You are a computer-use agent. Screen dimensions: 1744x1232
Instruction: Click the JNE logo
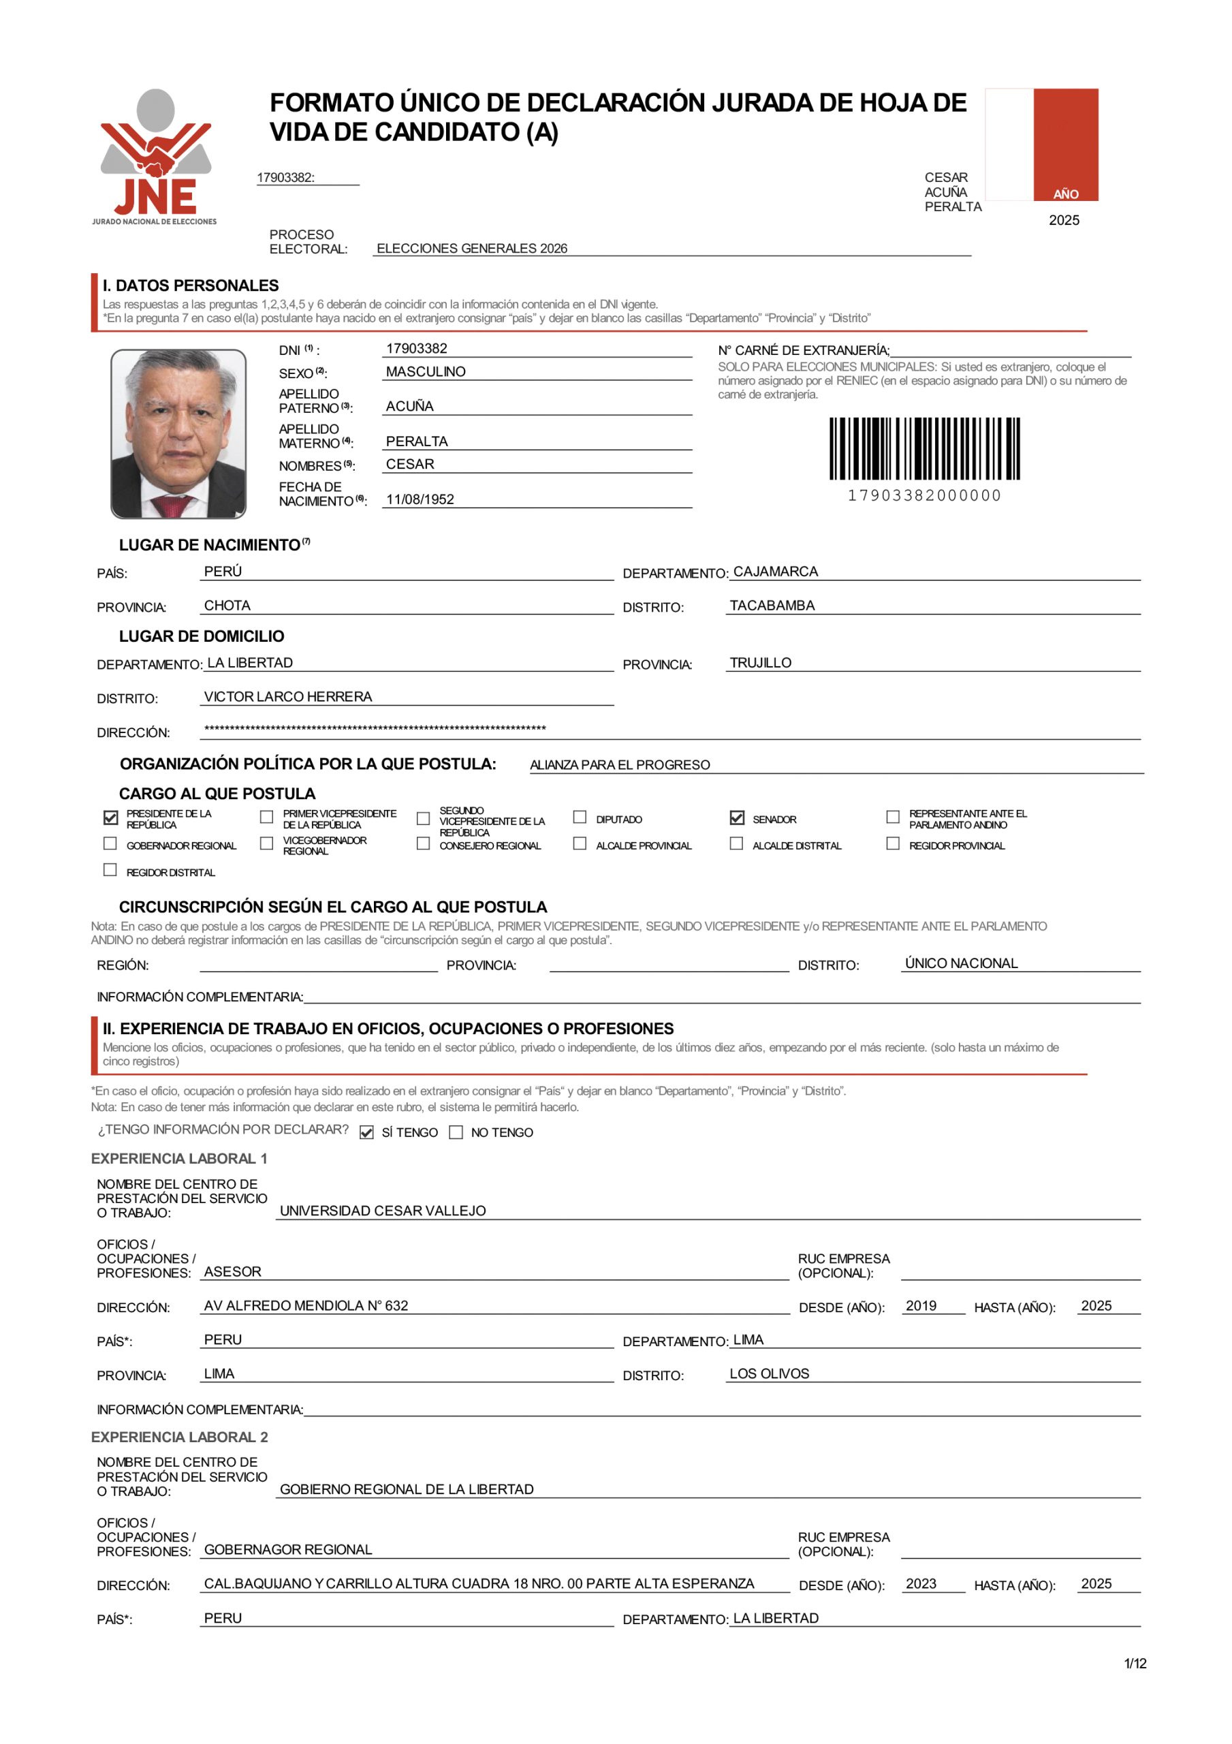tap(155, 157)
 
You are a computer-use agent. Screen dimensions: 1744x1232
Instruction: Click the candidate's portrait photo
tap(178, 434)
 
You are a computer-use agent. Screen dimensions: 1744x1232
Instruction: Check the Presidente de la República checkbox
tap(111, 817)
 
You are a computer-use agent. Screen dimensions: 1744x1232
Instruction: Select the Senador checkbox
tap(737, 817)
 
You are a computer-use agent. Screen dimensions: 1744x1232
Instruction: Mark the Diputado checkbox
tap(580, 817)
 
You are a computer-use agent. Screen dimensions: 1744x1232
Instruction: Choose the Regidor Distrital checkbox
tap(110, 871)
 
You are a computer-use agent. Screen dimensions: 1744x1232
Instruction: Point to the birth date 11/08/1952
tap(420, 499)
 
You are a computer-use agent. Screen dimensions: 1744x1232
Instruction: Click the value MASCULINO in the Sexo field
tap(426, 371)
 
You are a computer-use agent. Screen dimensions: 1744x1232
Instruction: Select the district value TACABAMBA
tap(772, 606)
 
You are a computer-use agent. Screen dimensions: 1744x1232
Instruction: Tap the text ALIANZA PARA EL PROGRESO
tap(620, 765)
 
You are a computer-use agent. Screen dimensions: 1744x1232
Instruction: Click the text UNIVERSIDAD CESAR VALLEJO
tap(383, 1211)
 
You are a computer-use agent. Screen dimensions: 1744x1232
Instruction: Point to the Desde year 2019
tap(921, 1306)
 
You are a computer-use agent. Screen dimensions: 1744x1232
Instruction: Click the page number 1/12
tap(1135, 1664)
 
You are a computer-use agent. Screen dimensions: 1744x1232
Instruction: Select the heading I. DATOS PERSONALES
tap(191, 285)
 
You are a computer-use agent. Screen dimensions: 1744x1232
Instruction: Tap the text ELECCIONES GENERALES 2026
tap(472, 249)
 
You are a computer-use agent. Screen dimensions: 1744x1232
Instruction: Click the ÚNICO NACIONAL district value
tap(961, 963)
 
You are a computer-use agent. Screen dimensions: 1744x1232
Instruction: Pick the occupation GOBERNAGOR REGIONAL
tap(288, 1550)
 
